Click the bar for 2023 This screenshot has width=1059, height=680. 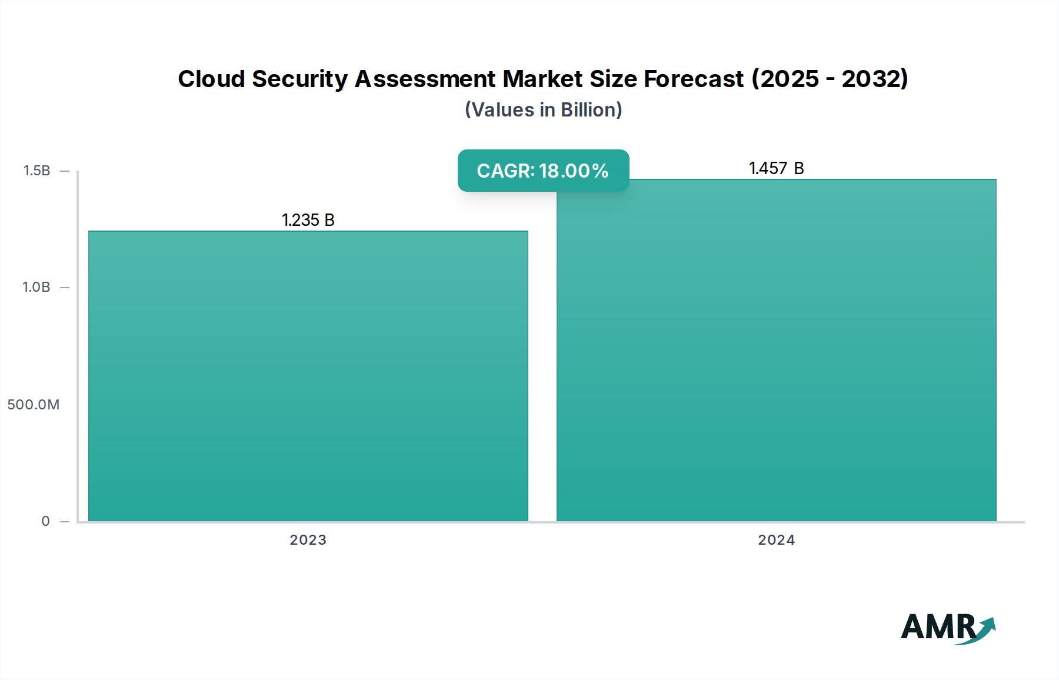(x=308, y=376)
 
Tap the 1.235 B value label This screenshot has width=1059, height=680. (x=308, y=220)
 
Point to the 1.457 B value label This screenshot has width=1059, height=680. (x=776, y=168)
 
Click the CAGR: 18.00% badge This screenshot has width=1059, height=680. (x=543, y=171)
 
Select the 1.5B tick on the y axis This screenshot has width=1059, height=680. (x=36, y=171)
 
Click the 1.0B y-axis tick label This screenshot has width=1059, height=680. (x=36, y=287)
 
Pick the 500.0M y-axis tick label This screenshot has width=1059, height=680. (x=34, y=404)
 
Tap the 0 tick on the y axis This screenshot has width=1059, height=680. (x=45, y=521)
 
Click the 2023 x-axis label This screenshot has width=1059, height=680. (x=308, y=539)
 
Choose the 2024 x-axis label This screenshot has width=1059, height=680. (x=776, y=539)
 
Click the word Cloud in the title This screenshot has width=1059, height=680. (x=211, y=79)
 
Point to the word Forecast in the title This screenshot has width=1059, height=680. (x=694, y=79)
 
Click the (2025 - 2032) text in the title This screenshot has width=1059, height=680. (x=830, y=79)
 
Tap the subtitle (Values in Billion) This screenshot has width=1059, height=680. (x=543, y=109)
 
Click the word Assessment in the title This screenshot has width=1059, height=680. (x=425, y=79)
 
